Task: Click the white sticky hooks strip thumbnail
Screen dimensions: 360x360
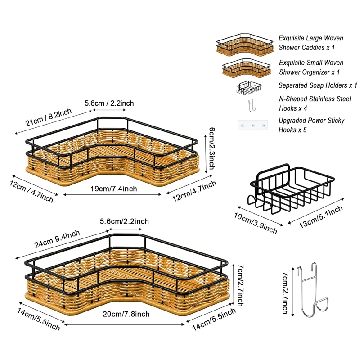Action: [252, 126]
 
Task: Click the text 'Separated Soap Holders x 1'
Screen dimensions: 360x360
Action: [318, 85]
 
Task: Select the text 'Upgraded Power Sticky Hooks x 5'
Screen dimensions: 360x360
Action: [311, 125]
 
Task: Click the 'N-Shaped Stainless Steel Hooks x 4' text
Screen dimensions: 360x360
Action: [315, 103]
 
